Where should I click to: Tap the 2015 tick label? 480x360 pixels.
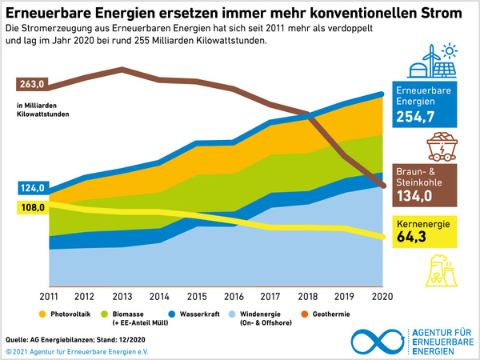coord(197,297)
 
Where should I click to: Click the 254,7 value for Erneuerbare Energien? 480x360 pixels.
coord(414,117)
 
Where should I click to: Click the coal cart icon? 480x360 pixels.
coord(438,148)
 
